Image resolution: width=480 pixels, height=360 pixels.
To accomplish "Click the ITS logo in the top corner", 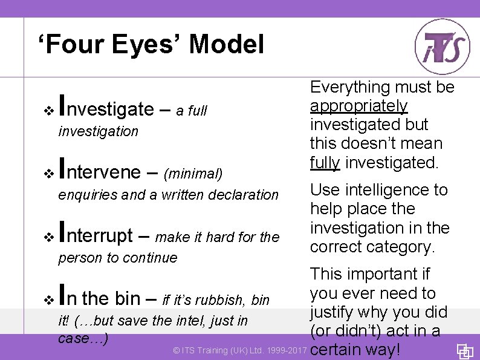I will (442, 47).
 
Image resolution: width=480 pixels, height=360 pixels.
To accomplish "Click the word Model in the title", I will (226, 44).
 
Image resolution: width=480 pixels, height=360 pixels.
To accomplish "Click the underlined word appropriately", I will (358, 106).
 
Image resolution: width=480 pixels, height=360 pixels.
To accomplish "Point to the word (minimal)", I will (193, 174).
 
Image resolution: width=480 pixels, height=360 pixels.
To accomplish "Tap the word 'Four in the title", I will (67, 44).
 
